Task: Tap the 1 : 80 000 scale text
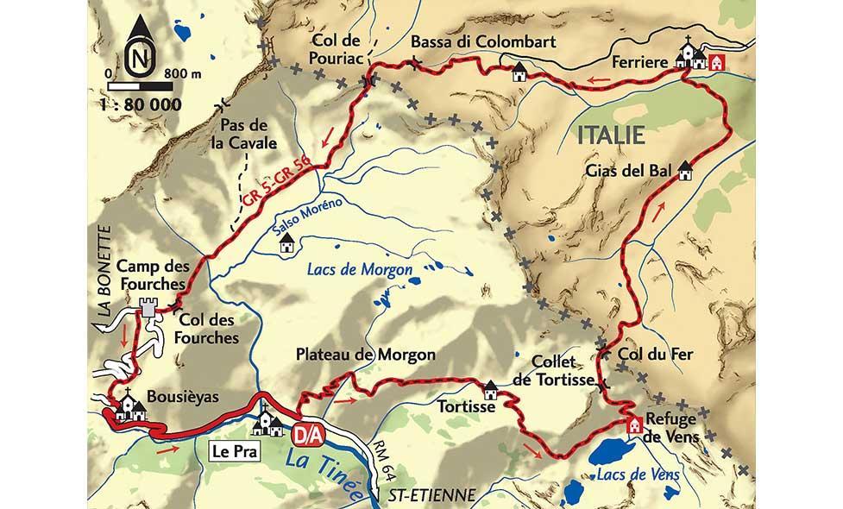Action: tap(142, 104)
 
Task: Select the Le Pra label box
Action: tap(231, 449)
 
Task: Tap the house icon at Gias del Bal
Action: tap(686, 171)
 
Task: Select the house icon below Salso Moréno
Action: tap(286, 246)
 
